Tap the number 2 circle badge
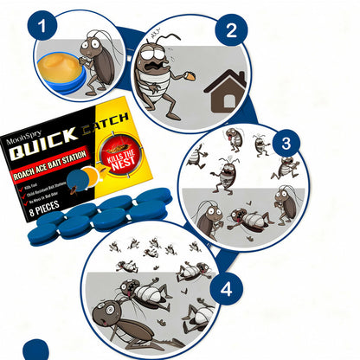pyautogui.click(x=230, y=32)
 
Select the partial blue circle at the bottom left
pyautogui.click(x=38, y=351)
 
